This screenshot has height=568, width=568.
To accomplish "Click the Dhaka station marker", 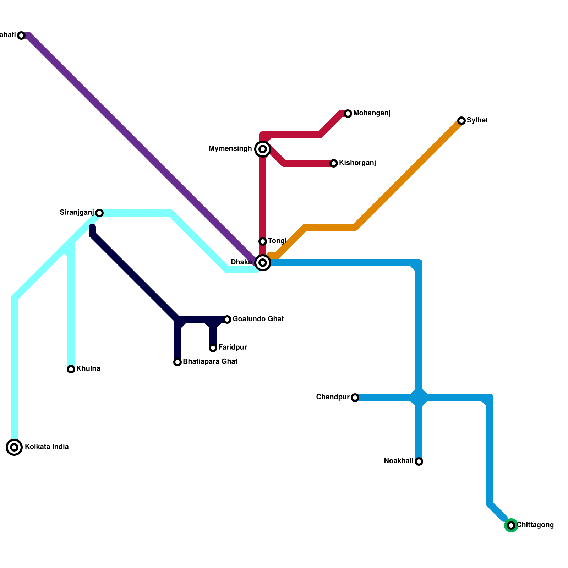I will pyautogui.click(x=263, y=263).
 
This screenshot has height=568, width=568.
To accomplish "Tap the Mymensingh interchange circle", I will pyautogui.click(x=263, y=149).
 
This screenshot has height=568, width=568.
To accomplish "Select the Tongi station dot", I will pyautogui.click(x=263, y=241).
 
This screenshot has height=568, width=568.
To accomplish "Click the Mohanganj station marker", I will pyautogui.click(x=348, y=114).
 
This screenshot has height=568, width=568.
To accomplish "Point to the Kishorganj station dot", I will pyautogui.click(x=334, y=163).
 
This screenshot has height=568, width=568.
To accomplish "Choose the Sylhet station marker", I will pyautogui.click(x=461, y=121).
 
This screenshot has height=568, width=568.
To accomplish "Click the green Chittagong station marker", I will pyautogui.click(x=511, y=525).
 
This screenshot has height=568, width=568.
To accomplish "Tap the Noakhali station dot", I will pyautogui.click(x=419, y=461).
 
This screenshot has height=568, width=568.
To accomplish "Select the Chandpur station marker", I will pyautogui.click(x=355, y=398).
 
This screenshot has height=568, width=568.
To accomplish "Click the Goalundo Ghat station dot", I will pyautogui.click(x=227, y=319).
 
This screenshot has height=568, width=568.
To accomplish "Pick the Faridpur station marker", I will pyautogui.click(x=213, y=348).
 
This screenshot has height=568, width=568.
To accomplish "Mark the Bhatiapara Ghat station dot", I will pyautogui.click(x=177, y=362).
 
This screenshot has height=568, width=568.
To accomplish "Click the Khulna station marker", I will pyautogui.click(x=71, y=369).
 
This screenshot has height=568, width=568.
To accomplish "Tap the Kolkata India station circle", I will pyautogui.click(x=14, y=447).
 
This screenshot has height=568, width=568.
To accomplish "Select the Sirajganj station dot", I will pyautogui.click(x=99, y=213).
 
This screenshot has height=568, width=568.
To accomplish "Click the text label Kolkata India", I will pyautogui.click(x=47, y=447).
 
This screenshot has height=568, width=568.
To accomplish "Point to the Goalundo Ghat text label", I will pyautogui.click(x=258, y=319).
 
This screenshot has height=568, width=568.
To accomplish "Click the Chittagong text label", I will pyautogui.click(x=535, y=525).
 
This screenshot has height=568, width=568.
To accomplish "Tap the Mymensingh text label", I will pyautogui.click(x=230, y=149).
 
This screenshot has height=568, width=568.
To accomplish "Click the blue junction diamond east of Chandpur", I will pyautogui.click(x=419, y=398).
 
